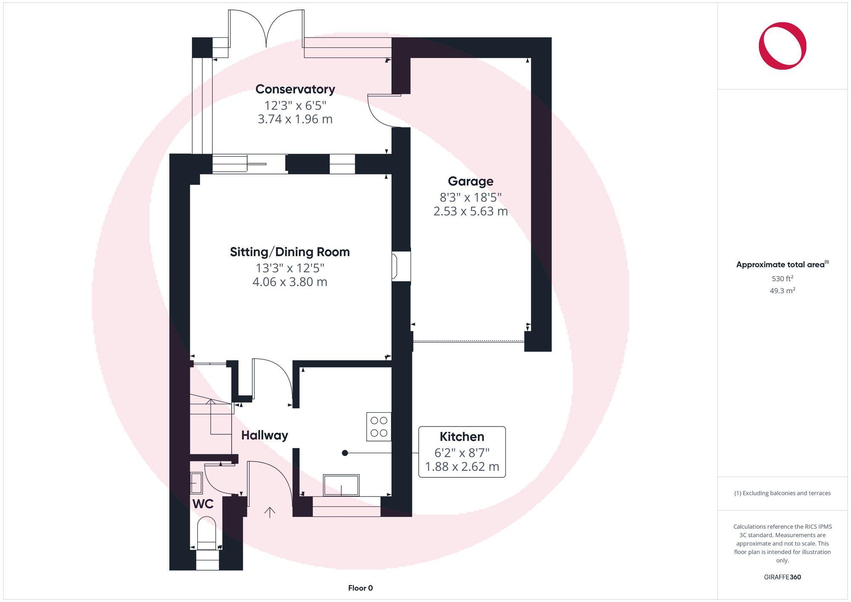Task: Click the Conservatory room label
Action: click(295, 89)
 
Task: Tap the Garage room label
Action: click(470, 181)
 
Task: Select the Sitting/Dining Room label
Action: click(289, 252)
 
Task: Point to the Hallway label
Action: click(264, 435)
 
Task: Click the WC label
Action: click(203, 504)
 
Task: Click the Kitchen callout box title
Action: click(462, 437)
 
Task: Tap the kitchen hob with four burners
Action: click(379, 427)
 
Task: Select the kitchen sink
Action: click(341, 485)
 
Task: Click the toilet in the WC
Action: click(207, 534)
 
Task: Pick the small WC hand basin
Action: click(196, 483)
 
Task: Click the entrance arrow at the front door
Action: click(270, 512)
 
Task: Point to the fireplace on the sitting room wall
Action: click(401, 266)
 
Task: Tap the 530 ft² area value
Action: click(782, 279)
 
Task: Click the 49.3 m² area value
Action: click(782, 291)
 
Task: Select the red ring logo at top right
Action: click(782, 46)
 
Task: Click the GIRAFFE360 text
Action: click(782, 577)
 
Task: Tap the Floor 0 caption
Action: click(360, 588)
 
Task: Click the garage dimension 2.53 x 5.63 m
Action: click(470, 211)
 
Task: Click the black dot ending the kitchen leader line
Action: click(345, 453)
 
